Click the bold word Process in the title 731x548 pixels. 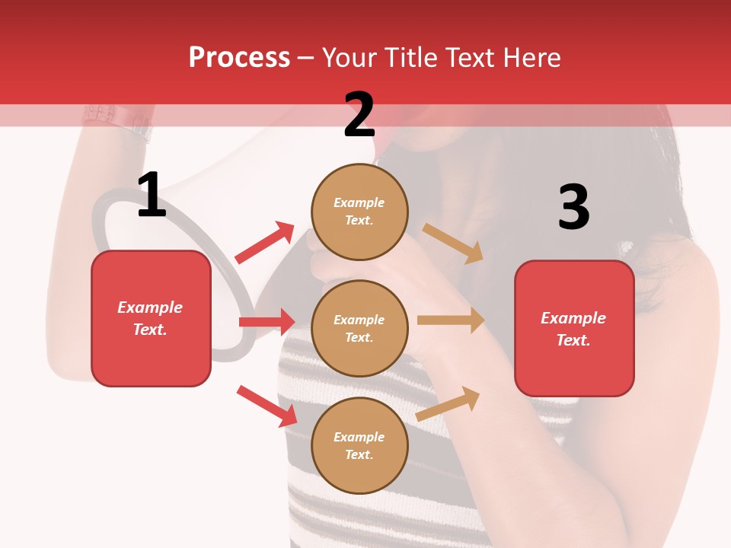click(x=239, y=57)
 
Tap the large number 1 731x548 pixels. click(x=152, y=196)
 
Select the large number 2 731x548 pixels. click(x=359, y=115)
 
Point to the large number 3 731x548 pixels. click(x=573, y=207)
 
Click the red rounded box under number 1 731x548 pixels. click(x=151, y=318)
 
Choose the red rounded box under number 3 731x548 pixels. click(x=574, y=329)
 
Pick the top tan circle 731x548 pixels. click(x=359, y=211)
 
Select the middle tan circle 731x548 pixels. click(x=359, y=328)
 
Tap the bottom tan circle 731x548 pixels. click(x=359, y=445)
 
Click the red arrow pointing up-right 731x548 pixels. click(x=265, y=243)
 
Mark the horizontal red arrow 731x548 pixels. click(x=267, y=322)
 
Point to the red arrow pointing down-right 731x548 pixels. click(x=267, y=406)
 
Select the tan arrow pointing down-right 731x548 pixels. click(x=453, y=243)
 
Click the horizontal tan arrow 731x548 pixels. click(x=451, y=320)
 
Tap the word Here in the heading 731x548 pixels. click(x=530, y=57)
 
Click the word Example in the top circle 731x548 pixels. click(x=359, y=202)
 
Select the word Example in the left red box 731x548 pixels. click(x=150, y=307)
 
